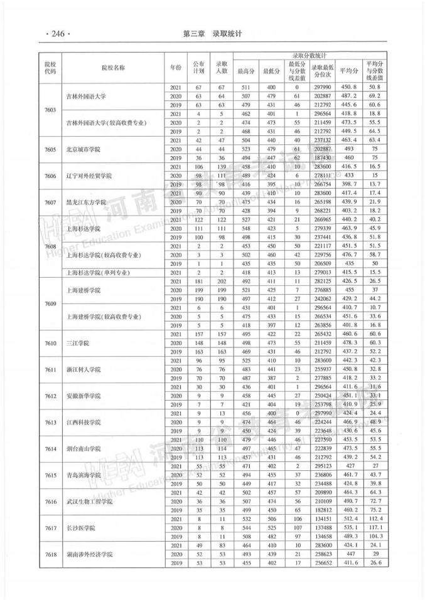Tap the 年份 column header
(x=175, y=67)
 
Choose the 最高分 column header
(x=245, y=71)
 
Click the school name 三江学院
(x=77, y=344)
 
